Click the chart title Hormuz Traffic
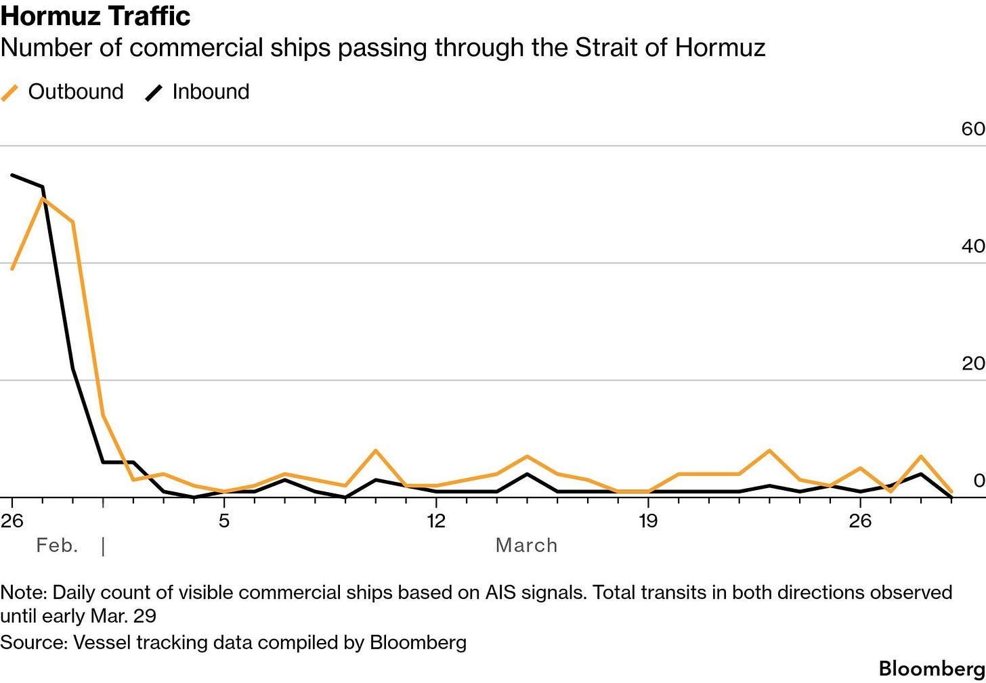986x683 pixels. pos(95,16)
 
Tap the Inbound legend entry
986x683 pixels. pos(198,91)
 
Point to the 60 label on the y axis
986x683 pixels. pos(972,129)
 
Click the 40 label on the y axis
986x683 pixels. pos(972,246)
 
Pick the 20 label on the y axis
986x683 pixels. pos(972,363)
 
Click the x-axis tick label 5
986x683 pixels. pos(224,521)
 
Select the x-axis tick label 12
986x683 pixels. pos(436,521)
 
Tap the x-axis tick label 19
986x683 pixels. pos(648,521)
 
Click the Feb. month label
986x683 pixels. pos(57,546)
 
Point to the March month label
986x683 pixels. pos(526,546)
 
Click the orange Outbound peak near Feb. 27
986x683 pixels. pos(43,199)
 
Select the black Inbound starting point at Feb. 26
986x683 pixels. pos(12,175)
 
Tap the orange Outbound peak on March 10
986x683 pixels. pos(376,451)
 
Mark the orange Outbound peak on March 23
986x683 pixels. pos(769,451)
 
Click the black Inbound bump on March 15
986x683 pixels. pos(527,474)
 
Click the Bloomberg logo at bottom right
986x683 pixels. pos(932,669)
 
